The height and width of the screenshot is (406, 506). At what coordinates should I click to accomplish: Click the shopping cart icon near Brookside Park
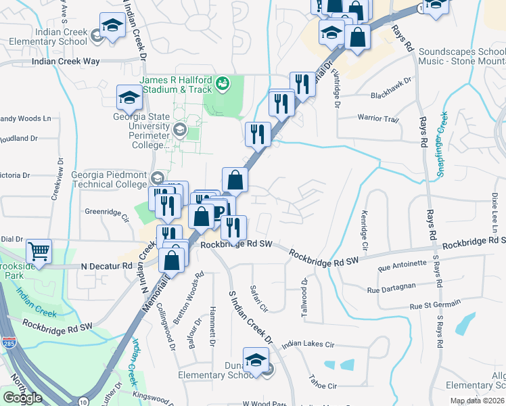39,252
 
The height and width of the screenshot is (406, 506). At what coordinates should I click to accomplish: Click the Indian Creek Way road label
66,62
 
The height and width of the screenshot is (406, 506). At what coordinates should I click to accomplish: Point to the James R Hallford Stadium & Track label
176,85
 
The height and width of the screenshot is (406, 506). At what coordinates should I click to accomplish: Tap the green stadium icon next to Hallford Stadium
222,84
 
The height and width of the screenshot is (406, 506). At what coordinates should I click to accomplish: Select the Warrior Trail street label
378,118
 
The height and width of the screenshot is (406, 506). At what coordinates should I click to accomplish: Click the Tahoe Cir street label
322,386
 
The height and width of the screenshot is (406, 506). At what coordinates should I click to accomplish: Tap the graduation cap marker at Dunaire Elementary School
256,360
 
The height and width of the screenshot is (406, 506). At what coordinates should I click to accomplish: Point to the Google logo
23,397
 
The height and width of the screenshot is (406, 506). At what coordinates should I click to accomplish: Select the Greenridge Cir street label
106,212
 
